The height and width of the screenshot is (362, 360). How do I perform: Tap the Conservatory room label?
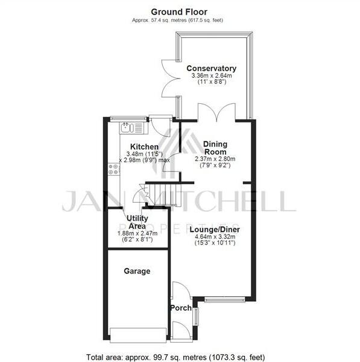coord(211,68)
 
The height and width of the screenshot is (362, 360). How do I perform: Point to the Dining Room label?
coord(215,148)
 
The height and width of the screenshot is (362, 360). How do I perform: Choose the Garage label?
coord(137,271)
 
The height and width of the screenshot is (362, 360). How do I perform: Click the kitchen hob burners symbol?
coord(113,170)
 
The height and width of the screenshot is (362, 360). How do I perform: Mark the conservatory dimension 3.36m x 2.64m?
coord(211,76)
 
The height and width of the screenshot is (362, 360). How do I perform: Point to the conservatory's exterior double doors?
coord(169,77)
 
